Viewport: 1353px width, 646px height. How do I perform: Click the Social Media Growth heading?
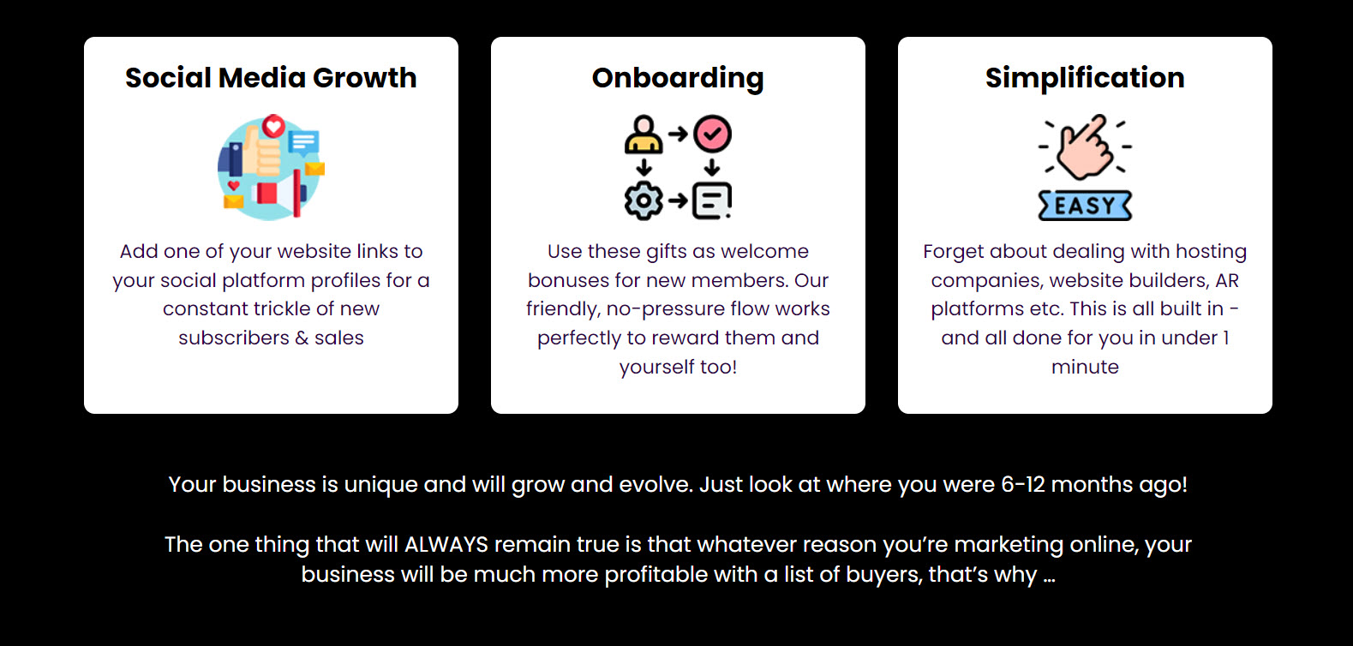coord(271,78)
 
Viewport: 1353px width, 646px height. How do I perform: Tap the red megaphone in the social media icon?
coord(278,193)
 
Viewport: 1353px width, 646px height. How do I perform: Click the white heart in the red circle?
coord(273,126)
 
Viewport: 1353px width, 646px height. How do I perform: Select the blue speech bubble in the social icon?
coord(304,144)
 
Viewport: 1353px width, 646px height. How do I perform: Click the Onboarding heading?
coord(678,79)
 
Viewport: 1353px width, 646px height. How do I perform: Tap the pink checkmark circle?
coord(712,134)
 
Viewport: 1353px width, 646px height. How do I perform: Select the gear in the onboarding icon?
coord(644,200)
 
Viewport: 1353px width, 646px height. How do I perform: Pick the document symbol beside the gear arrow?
coord(712,200)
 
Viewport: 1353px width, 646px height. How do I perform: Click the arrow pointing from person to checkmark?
coord(678,134)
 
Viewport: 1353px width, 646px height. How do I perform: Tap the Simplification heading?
coord(1085,79)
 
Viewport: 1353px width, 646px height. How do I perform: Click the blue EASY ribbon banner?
coord(1085,206)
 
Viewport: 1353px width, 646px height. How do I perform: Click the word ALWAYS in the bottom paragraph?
coord(446,545)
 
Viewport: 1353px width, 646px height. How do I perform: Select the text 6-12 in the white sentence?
coord(1023,485)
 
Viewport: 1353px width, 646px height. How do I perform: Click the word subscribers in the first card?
coord(234,338)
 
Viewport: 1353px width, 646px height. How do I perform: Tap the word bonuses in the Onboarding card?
coord(568,281)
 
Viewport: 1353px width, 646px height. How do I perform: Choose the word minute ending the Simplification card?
coord(1085,367)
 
